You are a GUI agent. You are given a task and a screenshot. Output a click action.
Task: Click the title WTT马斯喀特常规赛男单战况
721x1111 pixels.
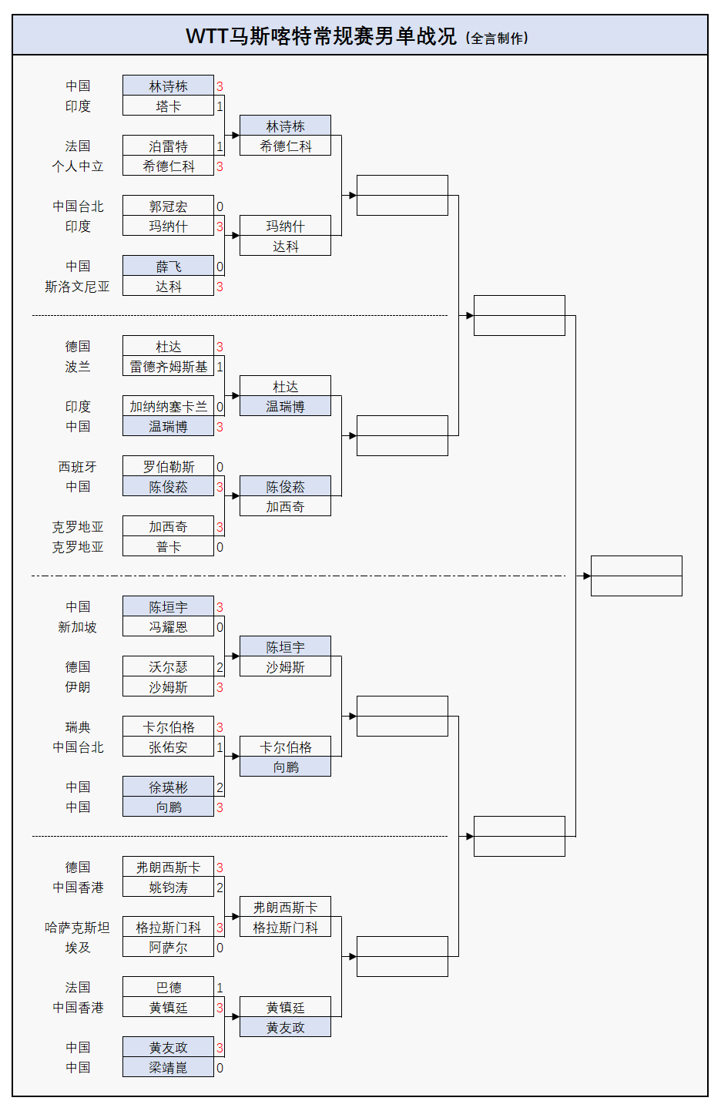(321, 36)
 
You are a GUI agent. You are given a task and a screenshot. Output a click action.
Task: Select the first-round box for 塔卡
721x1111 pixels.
(168, 106)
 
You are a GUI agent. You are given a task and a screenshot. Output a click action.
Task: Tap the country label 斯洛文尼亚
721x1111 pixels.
(77, 287)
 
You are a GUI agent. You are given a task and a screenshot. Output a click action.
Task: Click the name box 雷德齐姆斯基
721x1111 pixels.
(168, 367)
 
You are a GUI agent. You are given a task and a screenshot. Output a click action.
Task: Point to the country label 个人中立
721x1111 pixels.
(77, 166)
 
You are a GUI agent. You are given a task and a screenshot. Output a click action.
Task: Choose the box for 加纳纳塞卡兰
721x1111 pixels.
(168, 407)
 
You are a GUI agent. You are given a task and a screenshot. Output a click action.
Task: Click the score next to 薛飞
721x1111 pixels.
(220, 267)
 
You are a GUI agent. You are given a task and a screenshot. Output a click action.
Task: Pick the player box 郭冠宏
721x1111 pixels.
(168, 206)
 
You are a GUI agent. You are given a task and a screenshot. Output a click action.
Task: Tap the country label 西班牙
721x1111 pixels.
(77, 467)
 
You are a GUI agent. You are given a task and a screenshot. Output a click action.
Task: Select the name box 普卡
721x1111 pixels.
(168, 547)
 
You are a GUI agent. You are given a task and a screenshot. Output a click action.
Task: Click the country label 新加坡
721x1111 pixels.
(77, 627)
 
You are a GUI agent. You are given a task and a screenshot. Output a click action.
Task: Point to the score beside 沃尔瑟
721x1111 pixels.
(220, 667)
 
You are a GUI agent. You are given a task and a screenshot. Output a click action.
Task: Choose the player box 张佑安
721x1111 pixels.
(168, 747)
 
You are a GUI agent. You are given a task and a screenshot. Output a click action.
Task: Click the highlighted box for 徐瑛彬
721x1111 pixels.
(168, 787)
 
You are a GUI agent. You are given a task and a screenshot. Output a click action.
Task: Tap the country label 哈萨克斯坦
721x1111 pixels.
(77, 928)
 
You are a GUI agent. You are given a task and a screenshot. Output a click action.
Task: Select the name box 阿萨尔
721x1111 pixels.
(168, 948)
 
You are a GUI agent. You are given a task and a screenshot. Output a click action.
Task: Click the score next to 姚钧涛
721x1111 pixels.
(220, 888)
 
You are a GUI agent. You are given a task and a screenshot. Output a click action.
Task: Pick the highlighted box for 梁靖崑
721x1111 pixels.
(168, 1068)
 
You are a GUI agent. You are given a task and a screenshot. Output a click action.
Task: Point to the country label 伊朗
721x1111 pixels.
(77, 687)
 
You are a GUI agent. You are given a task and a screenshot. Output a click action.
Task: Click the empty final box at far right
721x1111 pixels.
(636, 576)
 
